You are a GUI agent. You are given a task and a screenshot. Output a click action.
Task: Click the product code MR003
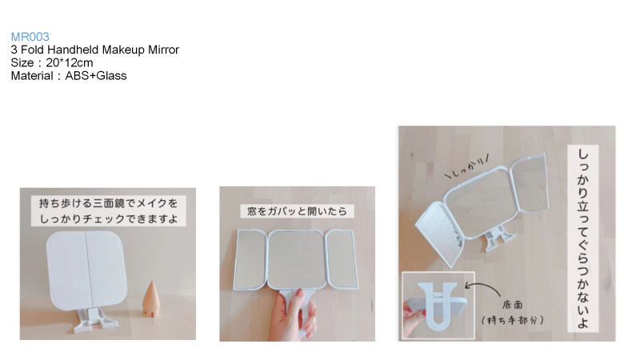tap(30, 37)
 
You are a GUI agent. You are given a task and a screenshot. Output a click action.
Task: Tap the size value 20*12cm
tap(70, 63)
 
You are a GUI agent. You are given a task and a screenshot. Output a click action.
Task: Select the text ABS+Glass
tap(96, 76)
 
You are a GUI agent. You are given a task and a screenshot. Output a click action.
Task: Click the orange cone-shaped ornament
tap(151, 298)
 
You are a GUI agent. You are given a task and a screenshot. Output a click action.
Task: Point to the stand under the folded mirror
tap(94, 320)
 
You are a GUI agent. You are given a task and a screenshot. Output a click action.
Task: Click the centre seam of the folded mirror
tap(86, 269)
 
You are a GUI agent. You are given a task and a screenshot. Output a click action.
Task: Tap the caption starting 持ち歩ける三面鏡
tap(109, 211)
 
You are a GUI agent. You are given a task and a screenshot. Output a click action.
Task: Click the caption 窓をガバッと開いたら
tap(297, 211)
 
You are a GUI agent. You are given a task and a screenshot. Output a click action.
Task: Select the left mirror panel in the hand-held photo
tap(250, 259)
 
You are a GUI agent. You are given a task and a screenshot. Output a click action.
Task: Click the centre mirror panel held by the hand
tap(297, 259)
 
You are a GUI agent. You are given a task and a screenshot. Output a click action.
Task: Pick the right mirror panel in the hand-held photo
tap(342, 259)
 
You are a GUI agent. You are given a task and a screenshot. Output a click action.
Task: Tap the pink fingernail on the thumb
tap(299, 292)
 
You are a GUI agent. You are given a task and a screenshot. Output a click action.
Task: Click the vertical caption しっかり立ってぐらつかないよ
tap(583, 238)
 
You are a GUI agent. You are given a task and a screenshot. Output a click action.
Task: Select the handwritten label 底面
tap(513, 305)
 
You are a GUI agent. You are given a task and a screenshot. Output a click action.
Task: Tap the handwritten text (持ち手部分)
tap(513, 320)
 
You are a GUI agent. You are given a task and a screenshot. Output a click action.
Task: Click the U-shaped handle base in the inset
tap(438, 306)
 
